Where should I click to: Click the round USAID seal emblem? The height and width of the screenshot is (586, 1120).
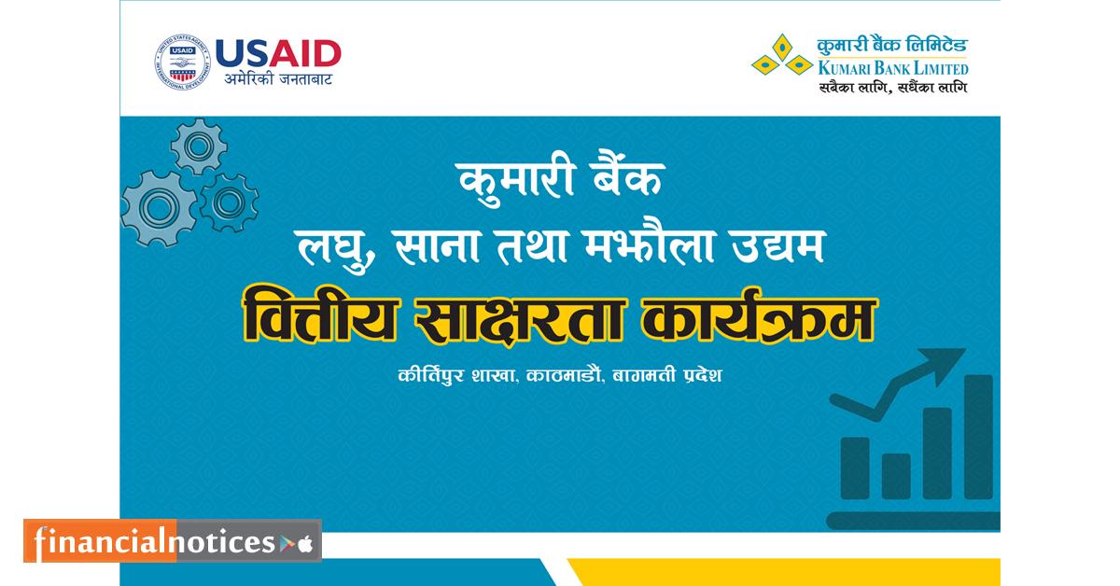(182, 63)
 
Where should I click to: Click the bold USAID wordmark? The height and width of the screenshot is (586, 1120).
(278, 53)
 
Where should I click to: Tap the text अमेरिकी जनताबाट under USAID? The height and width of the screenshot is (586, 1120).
(278, 79)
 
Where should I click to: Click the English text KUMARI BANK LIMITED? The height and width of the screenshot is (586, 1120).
(892, 68)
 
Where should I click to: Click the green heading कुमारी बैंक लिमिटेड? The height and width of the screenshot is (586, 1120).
(892, 45)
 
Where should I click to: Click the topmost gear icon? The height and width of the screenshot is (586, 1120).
(198, 146)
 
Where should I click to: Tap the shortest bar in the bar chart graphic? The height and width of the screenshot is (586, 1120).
(896, 475)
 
